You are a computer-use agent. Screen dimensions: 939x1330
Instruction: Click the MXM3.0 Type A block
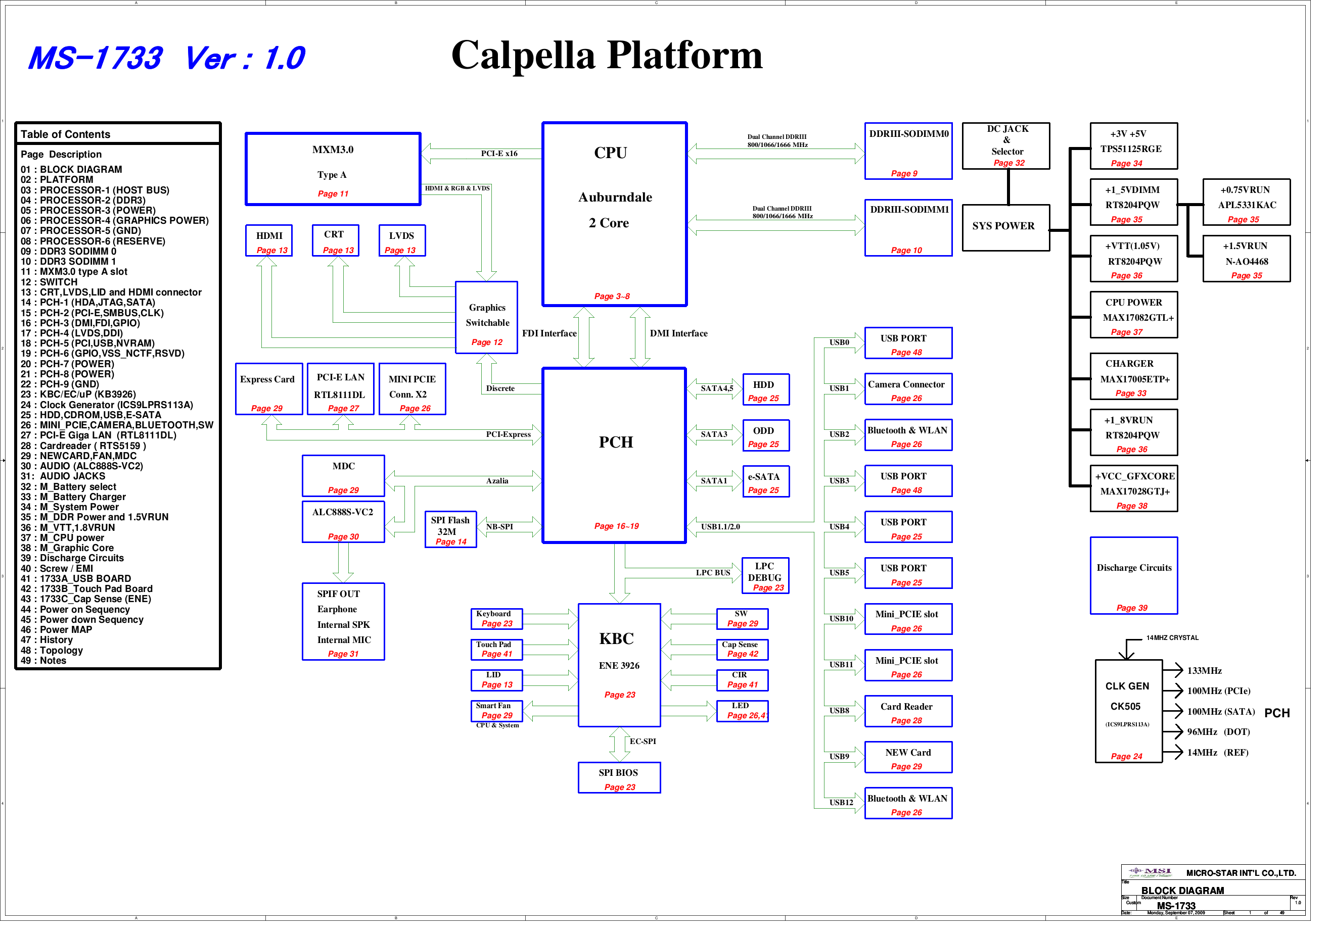tap(333, 169)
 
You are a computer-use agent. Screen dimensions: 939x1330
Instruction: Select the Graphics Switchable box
tap(487, 317)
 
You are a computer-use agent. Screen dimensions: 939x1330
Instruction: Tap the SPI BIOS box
tap(619, 777)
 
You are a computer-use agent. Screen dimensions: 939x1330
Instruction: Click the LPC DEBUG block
tap(765, 576)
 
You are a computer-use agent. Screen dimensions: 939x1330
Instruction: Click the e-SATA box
tap(765, 482)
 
